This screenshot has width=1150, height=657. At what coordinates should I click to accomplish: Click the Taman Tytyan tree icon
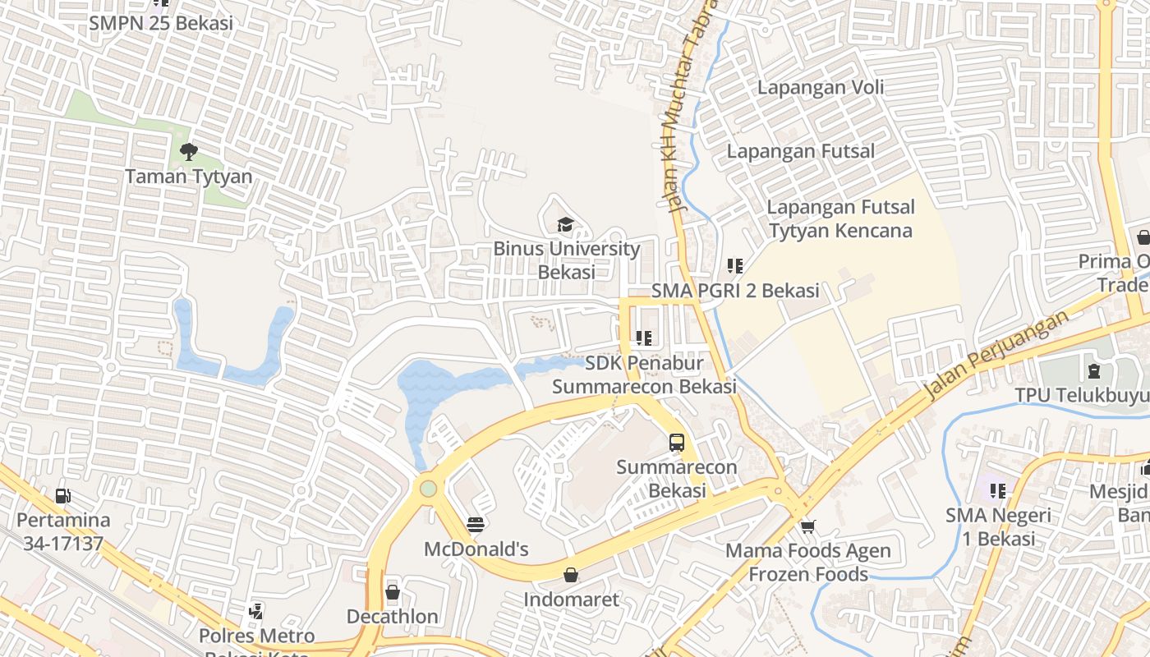pos(188,151)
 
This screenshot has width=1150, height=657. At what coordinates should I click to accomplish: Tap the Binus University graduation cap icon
pos(565,225)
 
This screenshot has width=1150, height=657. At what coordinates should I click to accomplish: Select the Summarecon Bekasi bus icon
pos(676,443)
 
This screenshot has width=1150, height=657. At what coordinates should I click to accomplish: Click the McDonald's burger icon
pos(475,524)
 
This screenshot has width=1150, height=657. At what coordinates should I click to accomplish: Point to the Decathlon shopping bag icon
pos(393,591)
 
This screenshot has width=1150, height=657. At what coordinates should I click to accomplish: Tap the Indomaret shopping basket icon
pos(571,575)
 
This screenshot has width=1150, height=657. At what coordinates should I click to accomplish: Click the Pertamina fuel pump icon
pos(63,495)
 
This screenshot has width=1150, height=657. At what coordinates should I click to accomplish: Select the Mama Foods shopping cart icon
pos(807,526)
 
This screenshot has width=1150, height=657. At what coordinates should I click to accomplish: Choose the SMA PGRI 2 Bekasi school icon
pos(734,266)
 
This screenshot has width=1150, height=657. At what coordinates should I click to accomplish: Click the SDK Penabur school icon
pos(643,338)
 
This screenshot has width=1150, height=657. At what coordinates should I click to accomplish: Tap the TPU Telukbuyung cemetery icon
pos(1094,370)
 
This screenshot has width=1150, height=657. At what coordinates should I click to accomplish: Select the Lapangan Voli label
pos(820,87)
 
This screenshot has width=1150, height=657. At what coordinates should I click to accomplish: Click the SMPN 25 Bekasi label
pos(161,23)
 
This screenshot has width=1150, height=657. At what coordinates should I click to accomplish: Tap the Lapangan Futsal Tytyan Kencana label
pos(840,219)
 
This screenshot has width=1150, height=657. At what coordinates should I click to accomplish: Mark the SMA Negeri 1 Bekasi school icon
pos(997,491)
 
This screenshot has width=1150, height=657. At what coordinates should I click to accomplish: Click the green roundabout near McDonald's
pos(427,489)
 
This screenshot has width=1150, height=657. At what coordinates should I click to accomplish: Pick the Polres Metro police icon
pos(256,611)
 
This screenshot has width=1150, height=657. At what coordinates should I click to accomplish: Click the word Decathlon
pos(393,617)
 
